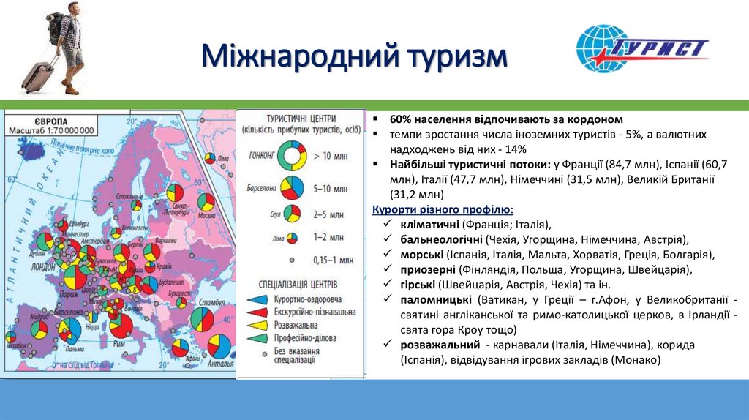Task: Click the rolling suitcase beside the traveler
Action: click(x=36, y=74)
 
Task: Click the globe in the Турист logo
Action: click(x=602, y=49)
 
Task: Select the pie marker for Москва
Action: click(x=206, y=200)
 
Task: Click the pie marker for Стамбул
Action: click(x=202, y=319)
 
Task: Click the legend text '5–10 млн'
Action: click(x=331, y=188)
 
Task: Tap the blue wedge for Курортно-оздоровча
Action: click(x=257, y=299)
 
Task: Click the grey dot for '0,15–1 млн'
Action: click(x=292, y=260)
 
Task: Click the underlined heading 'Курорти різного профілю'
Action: click(x=443, y=209)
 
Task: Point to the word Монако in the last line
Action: click(x=636, y=360)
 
